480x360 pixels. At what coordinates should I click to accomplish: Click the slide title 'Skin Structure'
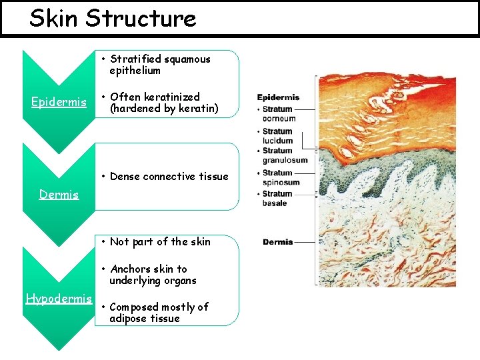tap(113, 19)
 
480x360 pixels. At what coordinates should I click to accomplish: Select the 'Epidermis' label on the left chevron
tap(59, 102)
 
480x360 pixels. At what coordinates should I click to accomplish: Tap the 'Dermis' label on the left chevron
tap(59, 195)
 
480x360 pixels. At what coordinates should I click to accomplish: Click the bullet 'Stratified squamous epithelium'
tap(159, 65)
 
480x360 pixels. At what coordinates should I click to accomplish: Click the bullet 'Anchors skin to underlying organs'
tap(153, 275)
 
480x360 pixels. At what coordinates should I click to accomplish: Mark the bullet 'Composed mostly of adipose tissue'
tap(159, 313)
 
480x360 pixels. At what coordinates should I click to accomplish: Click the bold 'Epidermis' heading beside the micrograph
tap(278, 97)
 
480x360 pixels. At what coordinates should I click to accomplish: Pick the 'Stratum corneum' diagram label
tap(279, 113)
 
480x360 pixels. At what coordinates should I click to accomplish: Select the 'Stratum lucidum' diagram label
tap(277, 136)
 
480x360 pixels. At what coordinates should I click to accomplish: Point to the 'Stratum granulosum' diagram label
tap(284, 155)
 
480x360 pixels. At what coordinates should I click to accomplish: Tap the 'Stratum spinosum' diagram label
tap(280, 178)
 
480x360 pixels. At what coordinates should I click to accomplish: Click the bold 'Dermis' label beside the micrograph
tap(277, 242)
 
